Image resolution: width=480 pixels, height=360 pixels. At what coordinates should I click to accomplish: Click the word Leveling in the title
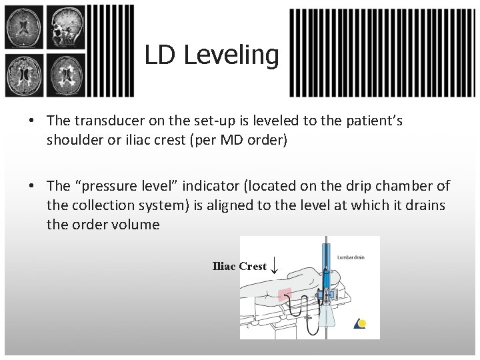[x=231, y=55]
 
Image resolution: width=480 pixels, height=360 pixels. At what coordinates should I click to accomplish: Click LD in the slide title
[x=160, y=55]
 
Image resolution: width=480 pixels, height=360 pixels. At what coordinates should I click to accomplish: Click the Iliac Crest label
[x=239, y=266]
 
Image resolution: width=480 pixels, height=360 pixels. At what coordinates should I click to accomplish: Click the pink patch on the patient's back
[x=285, y=294]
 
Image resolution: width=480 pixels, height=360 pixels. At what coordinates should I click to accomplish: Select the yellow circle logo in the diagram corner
[x=361, y=324]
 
